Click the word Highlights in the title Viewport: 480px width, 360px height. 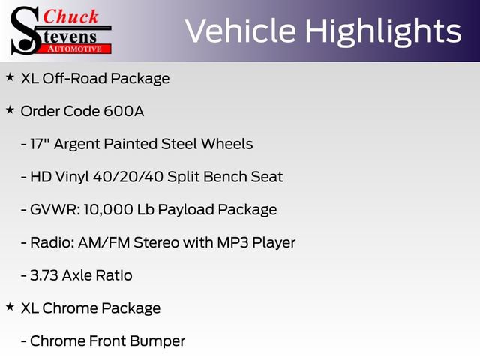point(383,31)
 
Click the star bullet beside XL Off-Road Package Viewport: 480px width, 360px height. point(10,77)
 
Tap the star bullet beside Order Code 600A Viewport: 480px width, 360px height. point(10,110)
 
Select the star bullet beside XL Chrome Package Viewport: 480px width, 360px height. point(10,307)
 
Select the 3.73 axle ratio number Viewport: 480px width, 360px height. point(43,275)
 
